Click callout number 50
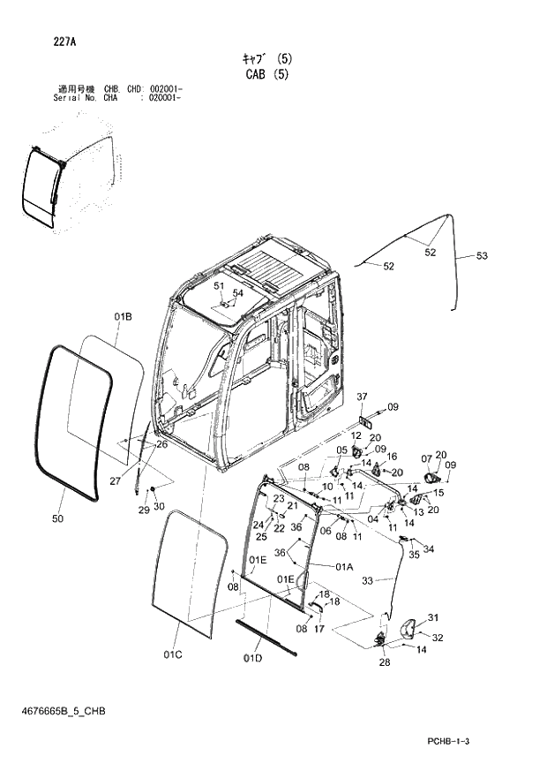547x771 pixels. pos(57,519)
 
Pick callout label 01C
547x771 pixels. pos(173,654)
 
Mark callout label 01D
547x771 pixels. pos(253,658)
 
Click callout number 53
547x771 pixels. pos(481,256)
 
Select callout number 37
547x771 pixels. pos(362,395)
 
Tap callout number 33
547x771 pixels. pos(369,580)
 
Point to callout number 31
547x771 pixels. pos(432,617)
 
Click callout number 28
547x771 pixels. pos(384,662)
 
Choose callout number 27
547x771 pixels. pos(116,480)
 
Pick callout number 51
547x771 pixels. pos(219,286)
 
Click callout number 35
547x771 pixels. pos(414,556)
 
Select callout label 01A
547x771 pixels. pos(343,566)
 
